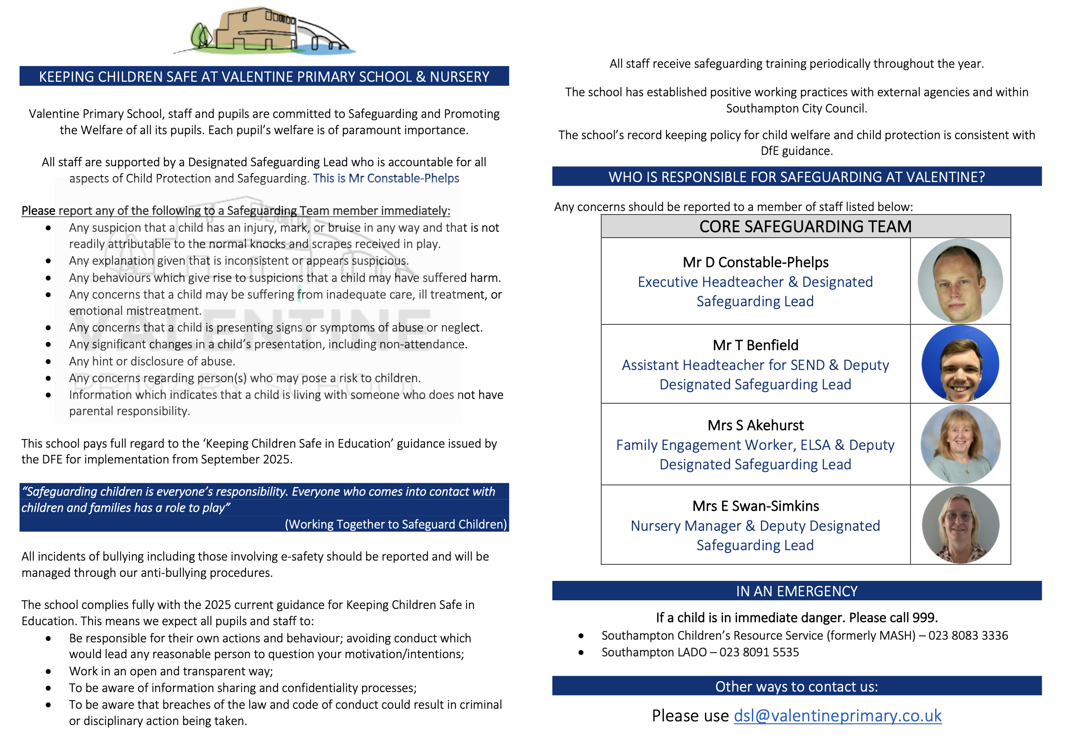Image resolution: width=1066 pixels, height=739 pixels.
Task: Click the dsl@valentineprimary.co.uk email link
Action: (x=837, y=716)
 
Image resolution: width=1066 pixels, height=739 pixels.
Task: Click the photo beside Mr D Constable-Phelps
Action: (x=959, y=281)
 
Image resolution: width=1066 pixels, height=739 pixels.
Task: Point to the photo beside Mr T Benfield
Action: (x=959, y=364)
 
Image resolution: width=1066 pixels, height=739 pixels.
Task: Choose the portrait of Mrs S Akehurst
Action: (x=959, y=444)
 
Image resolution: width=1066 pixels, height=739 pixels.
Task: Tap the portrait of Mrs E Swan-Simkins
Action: (x=959, y=524)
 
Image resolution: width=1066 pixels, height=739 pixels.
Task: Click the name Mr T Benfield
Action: (x=755, y=345)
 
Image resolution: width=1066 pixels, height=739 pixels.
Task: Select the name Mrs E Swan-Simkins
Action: (x=755, y=505)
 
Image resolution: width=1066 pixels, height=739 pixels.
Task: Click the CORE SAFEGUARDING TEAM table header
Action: (x=805, y=226)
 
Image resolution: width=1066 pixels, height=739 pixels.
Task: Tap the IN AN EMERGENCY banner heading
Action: (x=796, y=591)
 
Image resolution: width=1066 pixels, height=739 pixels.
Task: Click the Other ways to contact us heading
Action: (x=796, y=686)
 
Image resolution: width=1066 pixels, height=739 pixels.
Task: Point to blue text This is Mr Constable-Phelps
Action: (x=385, y=178)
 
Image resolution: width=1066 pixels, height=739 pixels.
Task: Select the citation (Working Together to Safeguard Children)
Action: (x=396, y=524)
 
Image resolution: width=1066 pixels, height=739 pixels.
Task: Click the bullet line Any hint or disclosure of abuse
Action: (x=152, y=361)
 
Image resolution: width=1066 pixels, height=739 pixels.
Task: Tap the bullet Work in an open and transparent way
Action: (x=171, y=671)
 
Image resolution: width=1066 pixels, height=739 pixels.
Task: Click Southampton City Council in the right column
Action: (x=796, y=108)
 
